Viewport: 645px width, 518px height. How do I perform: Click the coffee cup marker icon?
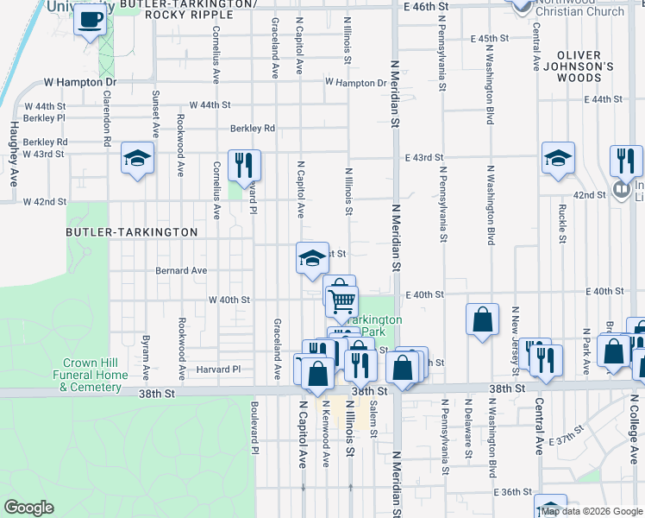point(90,20)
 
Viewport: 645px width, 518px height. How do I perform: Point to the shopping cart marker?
point(342,300)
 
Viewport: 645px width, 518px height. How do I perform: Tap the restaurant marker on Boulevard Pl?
point(244,164)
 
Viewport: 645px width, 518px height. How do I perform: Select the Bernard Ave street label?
point(181,270)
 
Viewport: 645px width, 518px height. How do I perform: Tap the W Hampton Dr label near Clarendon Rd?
point(79,83)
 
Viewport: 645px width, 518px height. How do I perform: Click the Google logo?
point(28,508)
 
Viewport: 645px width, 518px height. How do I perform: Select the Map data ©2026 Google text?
point(592,511)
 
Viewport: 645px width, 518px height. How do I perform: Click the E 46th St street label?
point(426,6)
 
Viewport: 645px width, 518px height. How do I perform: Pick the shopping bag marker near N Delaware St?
point(482,319)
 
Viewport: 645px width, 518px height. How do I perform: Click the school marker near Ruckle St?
point(558,158)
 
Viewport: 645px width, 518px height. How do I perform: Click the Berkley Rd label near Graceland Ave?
point(252,129)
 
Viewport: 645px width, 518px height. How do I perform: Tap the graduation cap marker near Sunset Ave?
point(136,158)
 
